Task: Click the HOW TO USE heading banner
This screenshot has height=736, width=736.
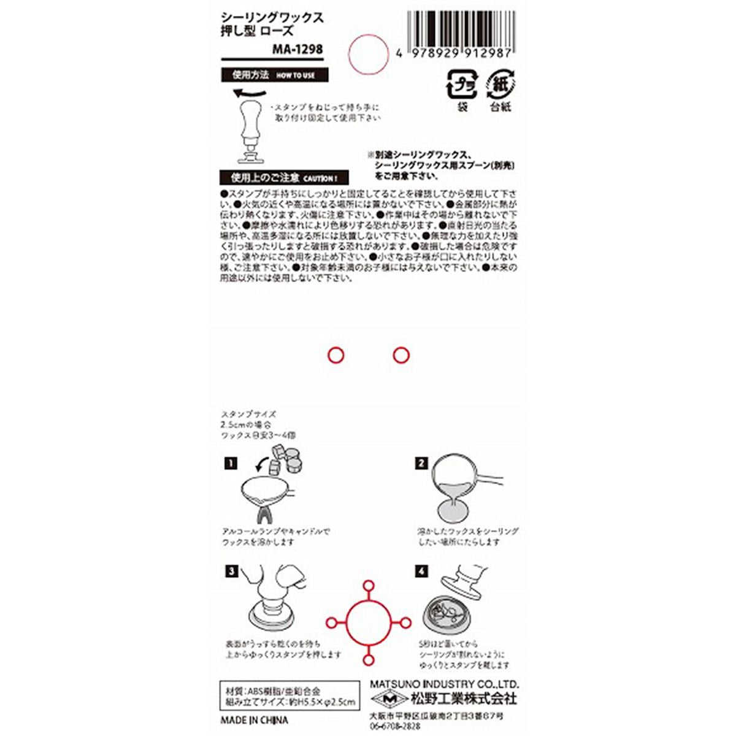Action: [274, 75]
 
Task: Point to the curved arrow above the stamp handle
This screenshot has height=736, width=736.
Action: [249, 93]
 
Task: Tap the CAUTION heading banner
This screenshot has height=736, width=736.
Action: [284, 178]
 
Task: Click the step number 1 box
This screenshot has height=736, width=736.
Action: [229, 464]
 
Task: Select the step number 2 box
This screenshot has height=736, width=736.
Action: [421, 464]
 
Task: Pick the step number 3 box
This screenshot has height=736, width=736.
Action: [229, 572]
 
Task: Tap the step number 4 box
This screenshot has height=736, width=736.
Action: [421, 572]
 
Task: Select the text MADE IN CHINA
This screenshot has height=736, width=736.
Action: [253, 720]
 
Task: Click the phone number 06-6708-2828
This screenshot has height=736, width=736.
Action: [396, 724]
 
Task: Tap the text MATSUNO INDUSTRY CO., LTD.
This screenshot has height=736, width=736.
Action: [445, 684]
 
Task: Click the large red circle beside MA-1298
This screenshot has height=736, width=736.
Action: [369, 51]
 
